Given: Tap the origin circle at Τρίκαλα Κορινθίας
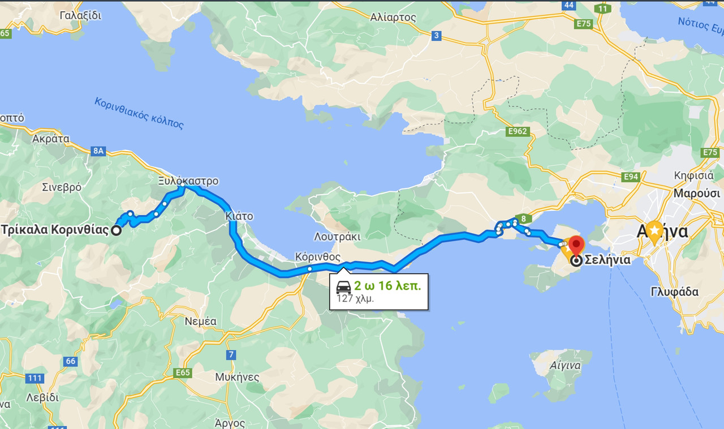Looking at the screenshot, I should tap(116, 230).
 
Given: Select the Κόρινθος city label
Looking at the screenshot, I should tap(318, 257).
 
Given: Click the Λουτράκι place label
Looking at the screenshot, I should tap(337, 237).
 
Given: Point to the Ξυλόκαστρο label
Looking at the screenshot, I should tap(188, 181).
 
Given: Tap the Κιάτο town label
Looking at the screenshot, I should tap(239, 216).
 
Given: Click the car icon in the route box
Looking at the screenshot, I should tap(343, 286).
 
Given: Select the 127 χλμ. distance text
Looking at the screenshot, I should tap(355, 298).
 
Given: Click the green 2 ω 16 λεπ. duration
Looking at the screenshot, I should tap(387, 286).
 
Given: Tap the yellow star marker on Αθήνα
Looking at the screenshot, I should tap(654, 230).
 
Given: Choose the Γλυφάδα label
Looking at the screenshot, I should tap(674, 292).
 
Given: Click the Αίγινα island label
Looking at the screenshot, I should tap(565, 365).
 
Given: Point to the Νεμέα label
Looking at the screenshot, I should tap(201, 321).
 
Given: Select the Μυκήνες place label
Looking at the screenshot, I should tap(237, 377).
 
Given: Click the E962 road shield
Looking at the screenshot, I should tap(518, 132).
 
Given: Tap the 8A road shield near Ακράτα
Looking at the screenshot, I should tap(98, 151).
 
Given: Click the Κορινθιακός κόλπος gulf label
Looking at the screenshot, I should tap(139, 113).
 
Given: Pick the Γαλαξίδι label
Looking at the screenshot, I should tap(80, 15).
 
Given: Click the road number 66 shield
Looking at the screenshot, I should tap(70, 361).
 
